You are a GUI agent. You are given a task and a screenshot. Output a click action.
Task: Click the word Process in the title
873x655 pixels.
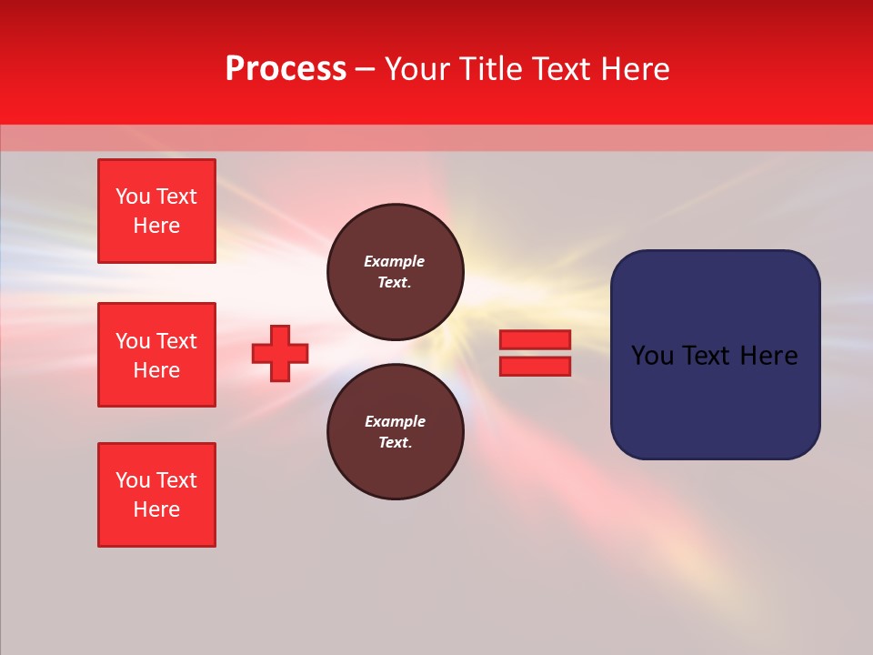(x=286, y=69)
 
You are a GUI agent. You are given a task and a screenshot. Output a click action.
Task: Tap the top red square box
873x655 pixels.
(x=156, y=211)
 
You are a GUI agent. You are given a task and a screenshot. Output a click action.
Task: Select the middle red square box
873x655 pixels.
(x=156, y=355)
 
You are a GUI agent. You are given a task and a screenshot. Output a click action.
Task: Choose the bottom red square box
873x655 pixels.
(x=156, y=495)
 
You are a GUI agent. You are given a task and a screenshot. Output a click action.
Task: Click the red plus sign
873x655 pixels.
(x=280, y=353)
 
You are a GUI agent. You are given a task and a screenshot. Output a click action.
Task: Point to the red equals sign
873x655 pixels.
(x=535, y=353)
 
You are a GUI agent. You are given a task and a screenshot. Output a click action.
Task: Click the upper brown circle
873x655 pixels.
(x=396, y=272)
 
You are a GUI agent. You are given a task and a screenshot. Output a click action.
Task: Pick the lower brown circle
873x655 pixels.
(x=396, y=432)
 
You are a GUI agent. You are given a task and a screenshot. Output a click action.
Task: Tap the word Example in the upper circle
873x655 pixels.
(x=395, y=261)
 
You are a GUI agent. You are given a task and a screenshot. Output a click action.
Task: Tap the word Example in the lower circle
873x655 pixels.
(x=395, y=421)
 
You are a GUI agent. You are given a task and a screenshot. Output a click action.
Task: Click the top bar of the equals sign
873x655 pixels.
(x=535, y=340)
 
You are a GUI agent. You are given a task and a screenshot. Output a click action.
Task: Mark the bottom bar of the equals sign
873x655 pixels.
(x=535, y=367)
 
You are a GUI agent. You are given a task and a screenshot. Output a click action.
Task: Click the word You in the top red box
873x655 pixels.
(x=133, y=196)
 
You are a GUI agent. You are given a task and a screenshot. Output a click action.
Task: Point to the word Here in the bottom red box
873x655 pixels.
(x=156, y=509)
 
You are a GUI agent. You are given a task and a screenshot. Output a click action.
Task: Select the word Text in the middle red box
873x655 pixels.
(x=176, y=341)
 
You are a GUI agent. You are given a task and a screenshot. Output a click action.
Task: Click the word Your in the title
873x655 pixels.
(x=417, y=69)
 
